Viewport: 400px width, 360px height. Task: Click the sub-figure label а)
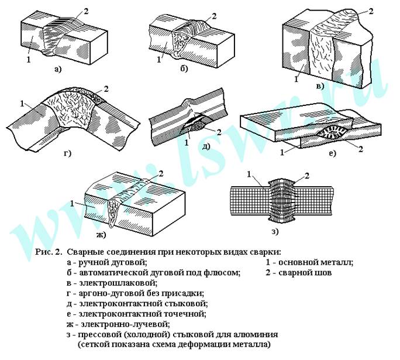point(57,69)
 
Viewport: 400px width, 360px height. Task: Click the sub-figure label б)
point(184,69)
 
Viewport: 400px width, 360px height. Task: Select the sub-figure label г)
point(67,154)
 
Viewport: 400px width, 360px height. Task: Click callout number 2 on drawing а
point(87,11)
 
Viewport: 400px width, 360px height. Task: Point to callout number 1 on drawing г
point(22,104)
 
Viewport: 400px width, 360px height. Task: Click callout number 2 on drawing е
point(360,150)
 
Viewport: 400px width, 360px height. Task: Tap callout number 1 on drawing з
point(249,174)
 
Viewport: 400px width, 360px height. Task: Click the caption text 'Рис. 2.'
point(49,253)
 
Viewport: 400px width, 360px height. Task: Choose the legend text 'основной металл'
point(313,263)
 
